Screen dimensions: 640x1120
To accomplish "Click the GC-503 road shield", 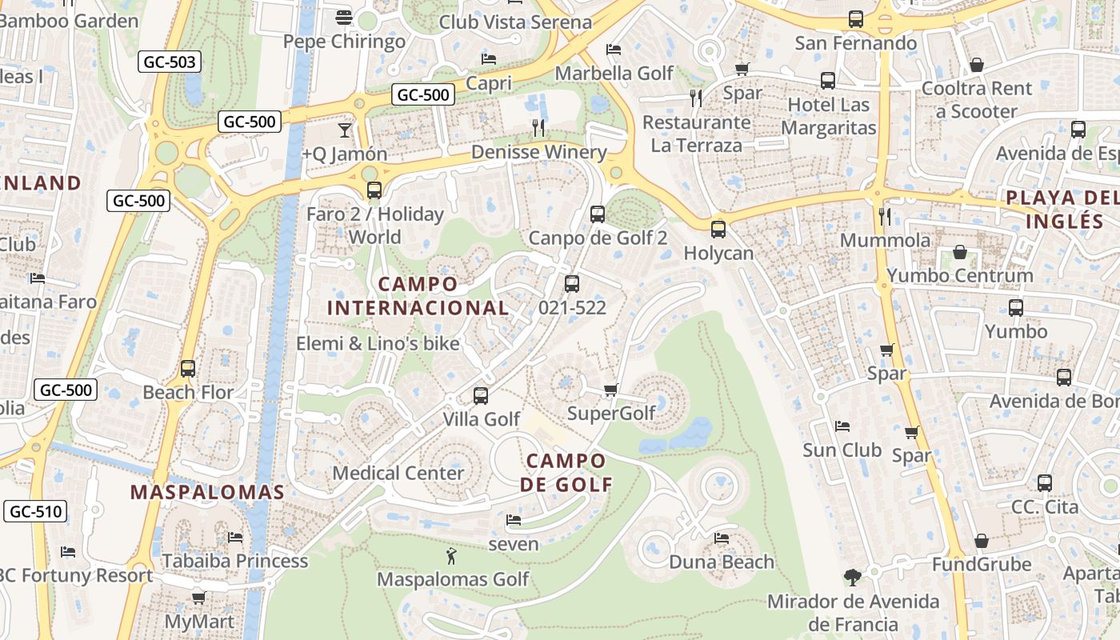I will pyautogui.click(x=169, y=62).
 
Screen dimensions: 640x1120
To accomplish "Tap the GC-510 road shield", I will pyautogui.click(x=35, y=511).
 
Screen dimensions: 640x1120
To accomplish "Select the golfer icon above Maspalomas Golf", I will pyautogui.click(x=452, y=556).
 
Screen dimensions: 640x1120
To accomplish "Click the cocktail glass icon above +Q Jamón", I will pyautogui.click(x=345, y=130).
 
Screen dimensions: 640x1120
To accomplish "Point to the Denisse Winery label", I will pyautogui.click(x=538, y=152).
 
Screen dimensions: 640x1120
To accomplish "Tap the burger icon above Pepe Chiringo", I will pyautogui.click(x=344, y=18).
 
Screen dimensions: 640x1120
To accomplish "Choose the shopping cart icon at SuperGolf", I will pyautogui.click(x=611, y=390).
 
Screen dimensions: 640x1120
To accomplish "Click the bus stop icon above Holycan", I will pyautogui.click(x=718, y=230).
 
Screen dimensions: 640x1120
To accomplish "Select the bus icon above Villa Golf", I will pyautogui.click(x=481, y=396).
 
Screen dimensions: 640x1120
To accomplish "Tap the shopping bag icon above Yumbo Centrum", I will pyautogui.click(x=959, y=253).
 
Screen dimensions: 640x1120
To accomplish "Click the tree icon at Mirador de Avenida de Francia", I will pyautogui.click(x=853, y=577).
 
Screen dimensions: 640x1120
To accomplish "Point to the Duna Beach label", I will pyautogui.click(x=722, y=562).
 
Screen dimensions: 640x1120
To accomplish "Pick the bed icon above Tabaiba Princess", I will pyautogui.click(x=235, y=537).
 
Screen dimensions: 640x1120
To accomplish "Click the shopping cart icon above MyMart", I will pyautogui.click(x=199, y=598).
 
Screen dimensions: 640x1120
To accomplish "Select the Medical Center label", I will pyautogui.click(x=398, y=473).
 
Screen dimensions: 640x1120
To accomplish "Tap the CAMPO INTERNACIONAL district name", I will pyautogui.click(x=418, y=296).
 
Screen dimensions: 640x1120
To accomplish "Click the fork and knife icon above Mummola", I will pyautogui.click(x=884, y=216).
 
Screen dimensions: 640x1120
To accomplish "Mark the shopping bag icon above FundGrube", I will pyautogui.click(x=982, y=542).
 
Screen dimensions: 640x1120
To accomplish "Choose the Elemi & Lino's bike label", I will pyautogui.click(x=378, y=344).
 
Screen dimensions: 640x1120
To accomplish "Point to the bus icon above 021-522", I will pyautogui.click(x=572, y=284).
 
